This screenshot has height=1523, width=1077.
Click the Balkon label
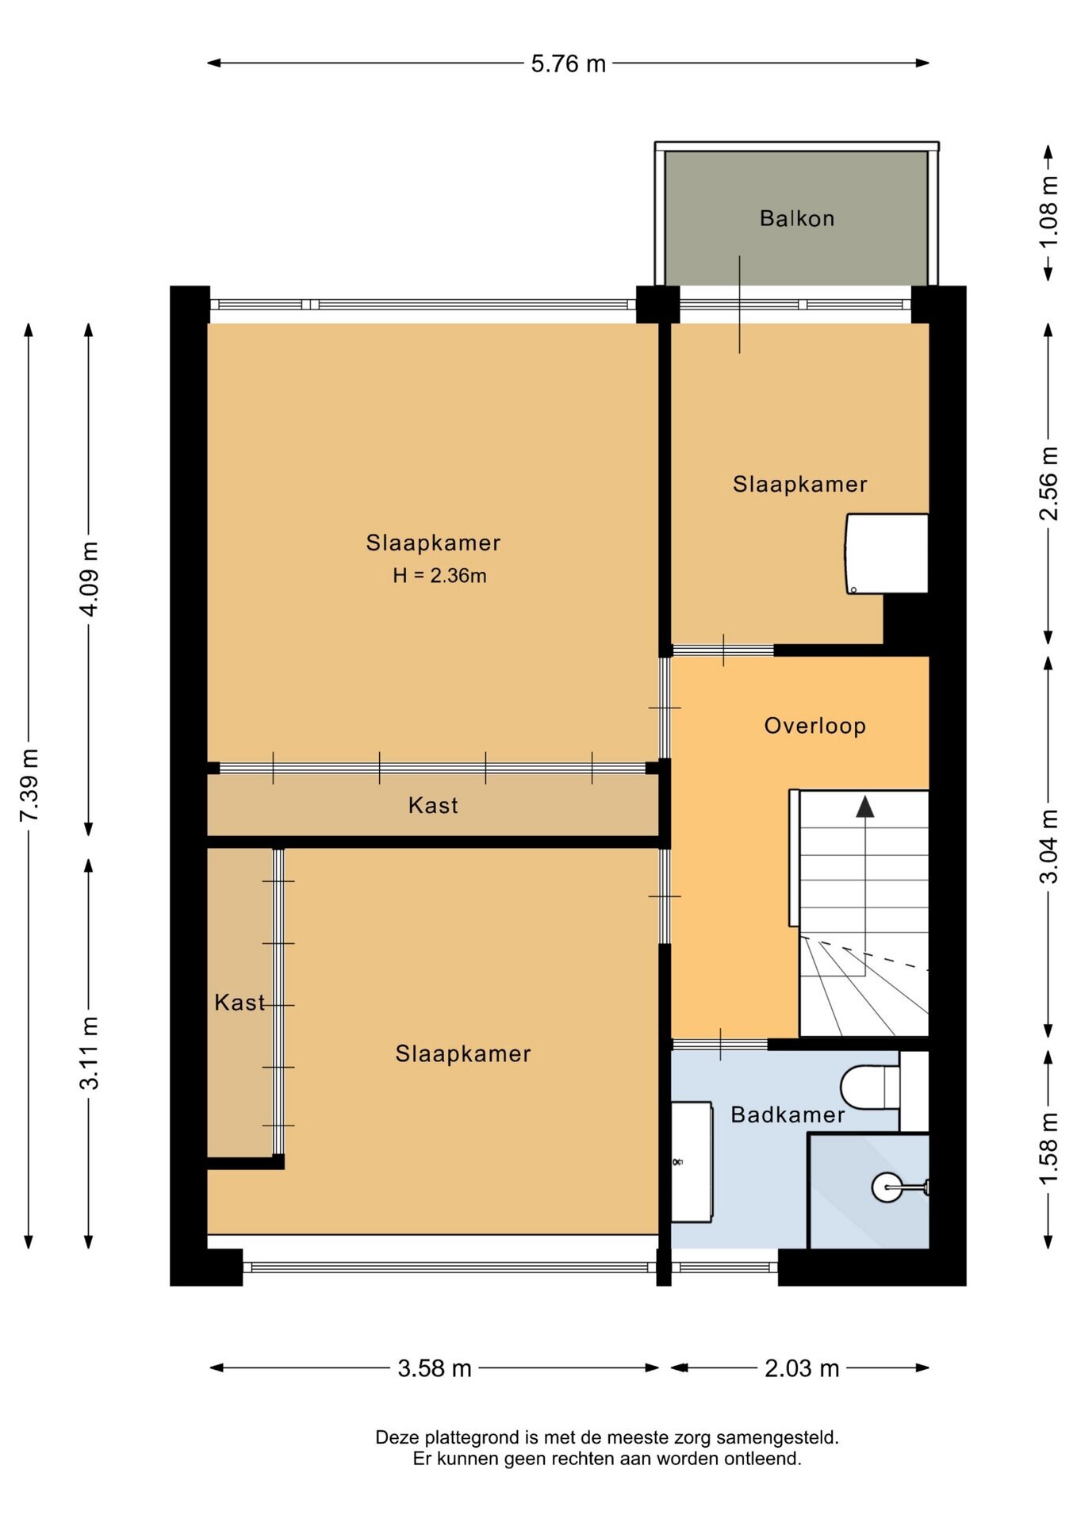click(x=797, y=218)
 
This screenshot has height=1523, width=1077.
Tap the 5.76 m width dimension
click(x=568, y=63)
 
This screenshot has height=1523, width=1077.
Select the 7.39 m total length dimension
click(x=29, y=785)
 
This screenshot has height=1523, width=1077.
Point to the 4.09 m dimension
click(x=89, y=579)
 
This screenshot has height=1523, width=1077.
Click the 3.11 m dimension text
click(x=89, y=1053)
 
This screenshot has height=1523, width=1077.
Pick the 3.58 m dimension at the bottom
click(x=435, y=1368)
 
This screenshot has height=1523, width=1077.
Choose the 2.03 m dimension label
click(x=802, y=1368)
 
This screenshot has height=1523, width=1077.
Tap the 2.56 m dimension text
click(x=1048, y=484)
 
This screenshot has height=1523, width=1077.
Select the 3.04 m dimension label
click(x=1048, y=846)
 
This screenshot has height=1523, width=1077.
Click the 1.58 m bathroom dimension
click(x=1048, y=1149)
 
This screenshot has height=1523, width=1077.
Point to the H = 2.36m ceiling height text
click(x=439, y=576)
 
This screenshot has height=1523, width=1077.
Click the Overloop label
click(x=814, y=726)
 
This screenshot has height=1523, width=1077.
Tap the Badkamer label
click(x=788, y=1114)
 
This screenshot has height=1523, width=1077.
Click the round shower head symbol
click(x=887, y=1187)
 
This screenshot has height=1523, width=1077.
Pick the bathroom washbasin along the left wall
click(x=692, y=1161)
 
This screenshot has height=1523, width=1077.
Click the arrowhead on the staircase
click(x=865, y=808)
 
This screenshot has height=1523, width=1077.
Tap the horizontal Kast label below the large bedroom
click(x=433, y=805)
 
